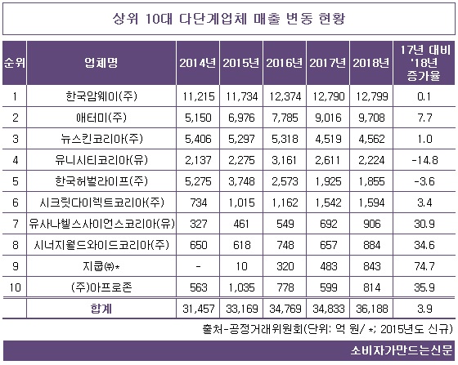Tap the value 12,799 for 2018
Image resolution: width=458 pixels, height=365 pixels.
coord(368,95)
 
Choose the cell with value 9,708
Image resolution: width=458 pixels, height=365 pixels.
coord(368,118)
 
